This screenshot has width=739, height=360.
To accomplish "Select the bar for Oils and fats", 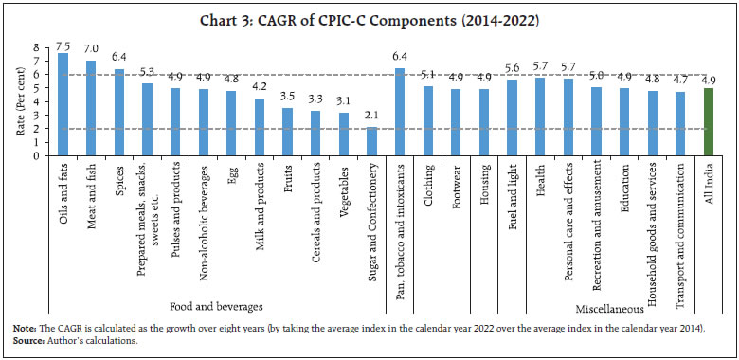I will click(x=63, y=104).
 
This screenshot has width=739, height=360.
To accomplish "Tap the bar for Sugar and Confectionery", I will click(x=371, y=141).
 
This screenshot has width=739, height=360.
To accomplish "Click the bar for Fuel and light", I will click(x=512, y=117).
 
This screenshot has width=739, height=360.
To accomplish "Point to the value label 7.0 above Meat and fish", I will click(x=92, y=48).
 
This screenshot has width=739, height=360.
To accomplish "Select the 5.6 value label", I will click(x=512, y=68).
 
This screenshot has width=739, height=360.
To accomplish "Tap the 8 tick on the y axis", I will click(x=37, y=46).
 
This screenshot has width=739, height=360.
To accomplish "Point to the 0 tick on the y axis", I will click(x=37, y=155).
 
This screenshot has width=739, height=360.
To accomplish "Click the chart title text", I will click(x=369, y=19).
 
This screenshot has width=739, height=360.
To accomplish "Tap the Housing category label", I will click(x=484, y=185).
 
